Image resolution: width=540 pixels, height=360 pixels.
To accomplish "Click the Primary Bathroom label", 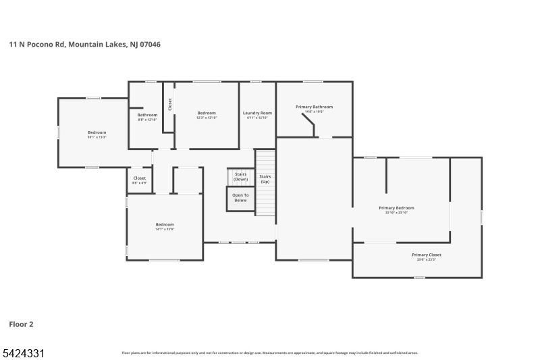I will point(314,107).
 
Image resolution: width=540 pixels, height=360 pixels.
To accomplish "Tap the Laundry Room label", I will point(257,113).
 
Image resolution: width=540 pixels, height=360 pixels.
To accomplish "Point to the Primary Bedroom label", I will point(396,208).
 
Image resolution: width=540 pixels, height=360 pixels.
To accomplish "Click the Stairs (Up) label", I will point(265,179).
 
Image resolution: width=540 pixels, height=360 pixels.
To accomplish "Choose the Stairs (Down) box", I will point(240,177).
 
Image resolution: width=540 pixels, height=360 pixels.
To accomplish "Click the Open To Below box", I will point(240,198).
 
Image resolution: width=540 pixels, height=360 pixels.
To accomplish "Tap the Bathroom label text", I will point(147,115).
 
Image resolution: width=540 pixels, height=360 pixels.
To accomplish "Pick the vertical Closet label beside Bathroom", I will point(170,104).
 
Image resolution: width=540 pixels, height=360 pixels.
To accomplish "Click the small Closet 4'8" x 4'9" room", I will point(140,180).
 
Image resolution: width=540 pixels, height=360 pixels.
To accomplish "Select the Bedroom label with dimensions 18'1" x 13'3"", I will point(97,132).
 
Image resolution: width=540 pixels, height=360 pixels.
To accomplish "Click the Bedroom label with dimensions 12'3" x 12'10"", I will point(207,113).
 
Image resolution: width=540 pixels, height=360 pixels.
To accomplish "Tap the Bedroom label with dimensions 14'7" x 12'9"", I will point(165,224).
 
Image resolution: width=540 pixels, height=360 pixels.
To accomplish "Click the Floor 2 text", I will point(21,324).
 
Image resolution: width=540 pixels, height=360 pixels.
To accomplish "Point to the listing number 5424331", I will point(23,353).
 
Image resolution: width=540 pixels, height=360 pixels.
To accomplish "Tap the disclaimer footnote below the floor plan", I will point(269,353).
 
